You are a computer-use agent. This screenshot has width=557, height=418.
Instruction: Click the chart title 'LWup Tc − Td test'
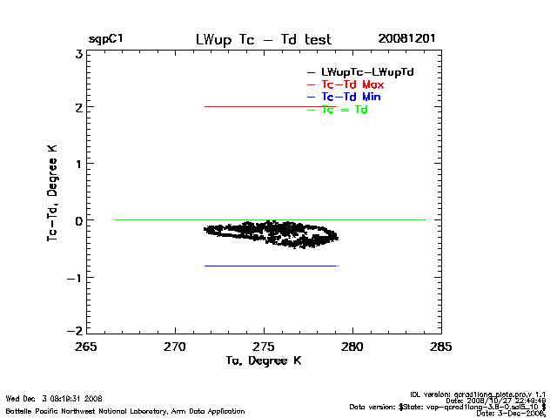click(x=263, y=39)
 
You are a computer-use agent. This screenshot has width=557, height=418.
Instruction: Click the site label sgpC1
click(x=105, y=40)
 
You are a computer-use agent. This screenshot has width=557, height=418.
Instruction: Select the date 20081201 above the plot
click(x=406, y=39)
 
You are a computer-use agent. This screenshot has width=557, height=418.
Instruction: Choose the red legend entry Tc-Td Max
click(x=352, y=84)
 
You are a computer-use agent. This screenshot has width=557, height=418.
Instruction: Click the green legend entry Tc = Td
click(x=344, y=110)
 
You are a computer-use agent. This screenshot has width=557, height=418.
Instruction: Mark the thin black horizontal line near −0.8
click(x=270, y=266)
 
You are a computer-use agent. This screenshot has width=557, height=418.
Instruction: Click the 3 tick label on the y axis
click(x=78, y=52)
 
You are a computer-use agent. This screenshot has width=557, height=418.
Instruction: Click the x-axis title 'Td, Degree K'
click(x=263, y=361)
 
